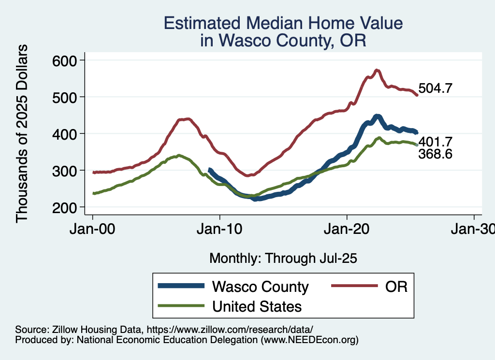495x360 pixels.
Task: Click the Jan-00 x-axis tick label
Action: [92, 229]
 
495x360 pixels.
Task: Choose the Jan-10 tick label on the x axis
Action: [220, 229]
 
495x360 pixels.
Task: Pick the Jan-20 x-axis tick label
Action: [347, 229]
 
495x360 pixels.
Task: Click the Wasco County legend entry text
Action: [260, 287]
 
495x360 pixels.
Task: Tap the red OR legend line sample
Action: [354, 287]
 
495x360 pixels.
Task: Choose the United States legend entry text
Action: [257, 306]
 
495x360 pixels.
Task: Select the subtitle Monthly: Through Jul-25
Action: [283, 259]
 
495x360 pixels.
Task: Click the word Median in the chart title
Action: [284, 23]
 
